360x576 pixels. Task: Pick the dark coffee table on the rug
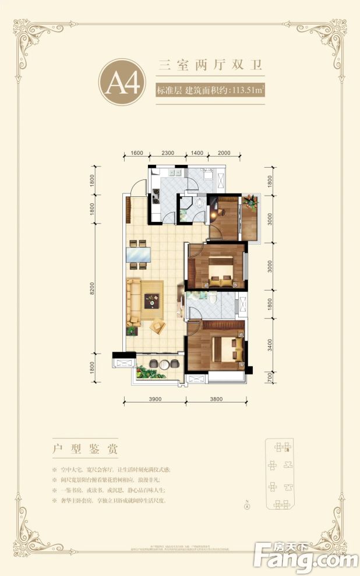coord(153,301)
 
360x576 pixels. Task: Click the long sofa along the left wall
coord(133,302)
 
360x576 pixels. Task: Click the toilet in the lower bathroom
coord(215,298)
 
